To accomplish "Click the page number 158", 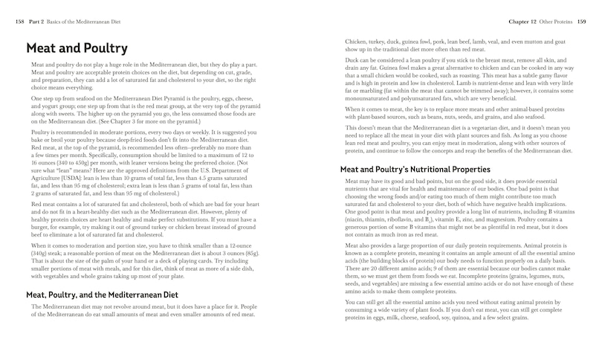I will pos(19,22).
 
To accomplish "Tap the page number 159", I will pos(581,22).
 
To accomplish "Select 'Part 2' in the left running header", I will pos(37,22).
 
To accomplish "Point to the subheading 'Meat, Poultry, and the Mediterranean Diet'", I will pos(102,295).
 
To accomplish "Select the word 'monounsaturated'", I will pos(375,97).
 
